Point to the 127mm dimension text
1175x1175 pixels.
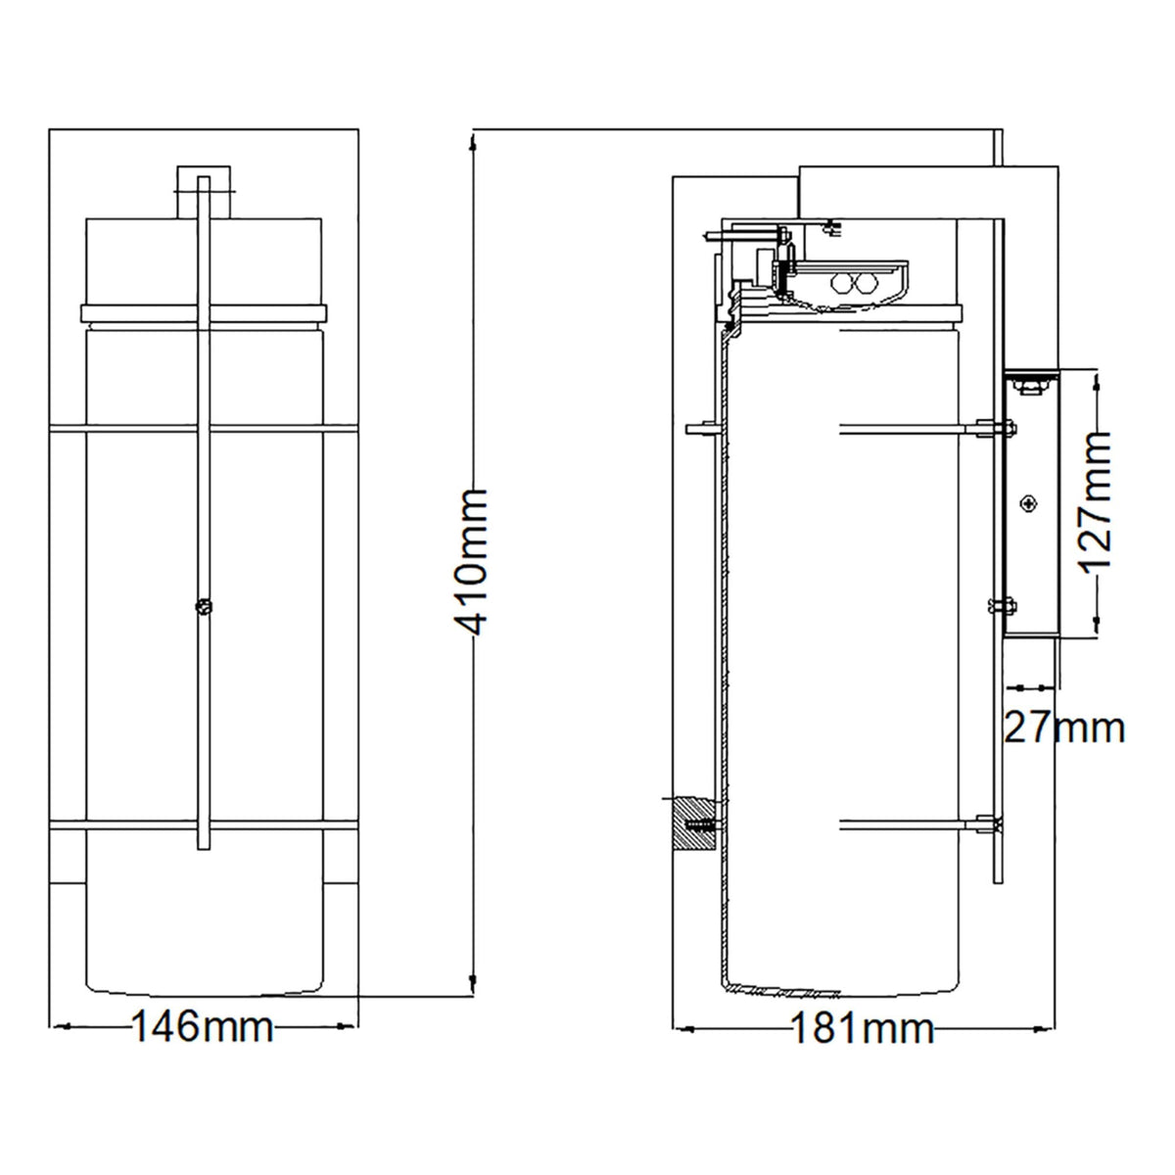click(1095, 501)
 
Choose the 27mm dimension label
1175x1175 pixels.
click(1063, 728)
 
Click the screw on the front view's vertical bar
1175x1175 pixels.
click(204, 606)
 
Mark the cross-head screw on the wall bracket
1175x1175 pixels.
click(1030, 503)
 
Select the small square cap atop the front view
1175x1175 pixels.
click(205, 192)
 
